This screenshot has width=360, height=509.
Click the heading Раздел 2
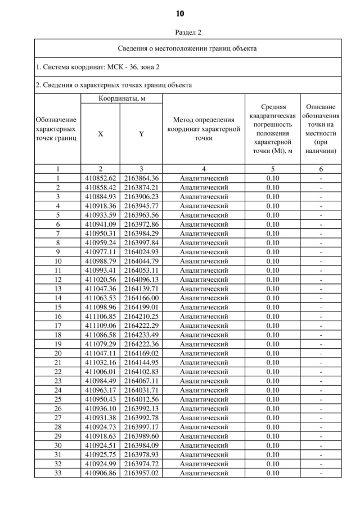pyautogui.click(x=180, y=32)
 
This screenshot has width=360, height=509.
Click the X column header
pyautogui.click(x=101, y=134)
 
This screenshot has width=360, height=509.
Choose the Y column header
pyautogui.click(x=141, y=134)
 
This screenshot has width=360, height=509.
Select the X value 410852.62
pyautogui.click(x=101, y=178)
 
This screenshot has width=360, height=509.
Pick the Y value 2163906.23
pyautogui.click(x=141, y=196)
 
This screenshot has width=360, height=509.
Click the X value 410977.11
pyautogui.click(x=101, y=252)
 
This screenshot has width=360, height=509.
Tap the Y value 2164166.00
pyautogui.click(x=141, y=298)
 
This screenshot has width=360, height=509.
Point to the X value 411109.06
pyautogui.click(x=101, y=325)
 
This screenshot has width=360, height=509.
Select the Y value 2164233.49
pyautogui.click(x=141, y=335)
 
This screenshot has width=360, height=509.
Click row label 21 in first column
pyautogui.click(x=57, y=362)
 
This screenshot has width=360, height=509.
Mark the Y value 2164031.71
pyautogui.click(x=141, y=390)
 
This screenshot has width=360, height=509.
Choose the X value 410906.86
pyautogui.click(x=101, y=473)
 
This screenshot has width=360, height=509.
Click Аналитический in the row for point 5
pyautogui.click(x=204, y=215)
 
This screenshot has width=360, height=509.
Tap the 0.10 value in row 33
pyautogui.click(x=273, y=473)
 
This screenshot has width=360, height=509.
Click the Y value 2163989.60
pyautogui.click(x=141, y=436)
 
